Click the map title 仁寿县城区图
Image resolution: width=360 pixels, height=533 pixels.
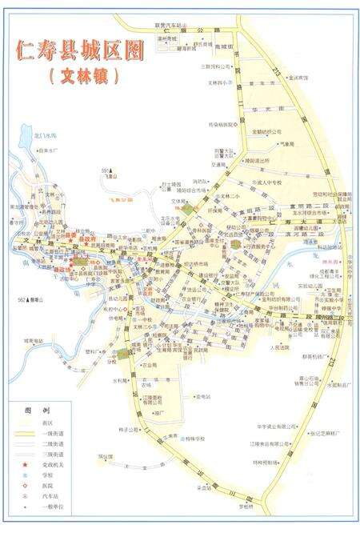pyautogui.click(x=79, y=50)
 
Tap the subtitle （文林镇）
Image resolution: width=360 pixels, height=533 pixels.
pyautogui.click(x=83, y=77)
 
